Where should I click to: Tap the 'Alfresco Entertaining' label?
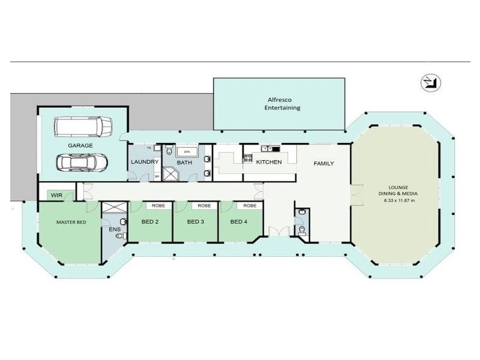tap(283, 104)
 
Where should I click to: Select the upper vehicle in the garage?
tap(83, 126)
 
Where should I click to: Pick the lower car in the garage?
tap(81, 161)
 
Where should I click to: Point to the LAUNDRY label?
tap(144, 162)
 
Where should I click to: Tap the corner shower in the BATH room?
tap(172, 174)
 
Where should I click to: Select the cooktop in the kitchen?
tap(247, 159)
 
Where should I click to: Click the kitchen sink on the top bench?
tap(267, 148)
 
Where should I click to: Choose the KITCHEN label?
tap(269, 162)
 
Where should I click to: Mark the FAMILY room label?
tap(324, 164)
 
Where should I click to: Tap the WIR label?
tap(57, 196)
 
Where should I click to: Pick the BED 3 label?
tap(196, 222)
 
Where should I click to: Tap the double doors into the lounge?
tap(357, 193)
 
